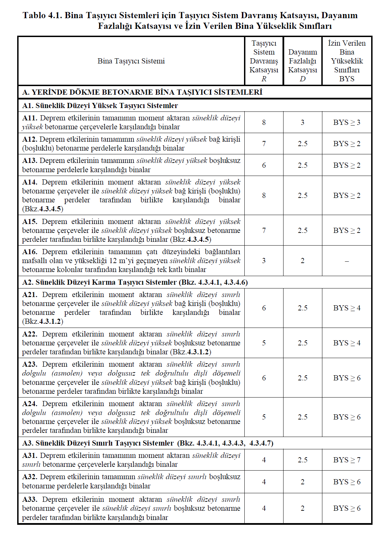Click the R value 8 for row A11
tap(264, 122)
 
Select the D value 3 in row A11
tap(302, 122)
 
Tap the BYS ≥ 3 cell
tap(347, 122)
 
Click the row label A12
tap(30, 139)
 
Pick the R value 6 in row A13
tap(264, 165)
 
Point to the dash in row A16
tap(347, 261)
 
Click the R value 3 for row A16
tap(264, 261)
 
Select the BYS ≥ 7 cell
tap(347, 460)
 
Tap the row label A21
tap(30, 295)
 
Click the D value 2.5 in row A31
tap(302, 460)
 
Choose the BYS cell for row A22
tap(347, 343)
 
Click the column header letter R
tap(264, 79)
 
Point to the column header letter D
tap(302, 79)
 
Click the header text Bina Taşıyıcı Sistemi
tap(131, 61)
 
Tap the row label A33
tap(30, 499)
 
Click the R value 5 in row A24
tap(264, 417)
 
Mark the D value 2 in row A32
tap(302, 482)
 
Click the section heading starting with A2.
tap(135, 282)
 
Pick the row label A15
tap(30, 222)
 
